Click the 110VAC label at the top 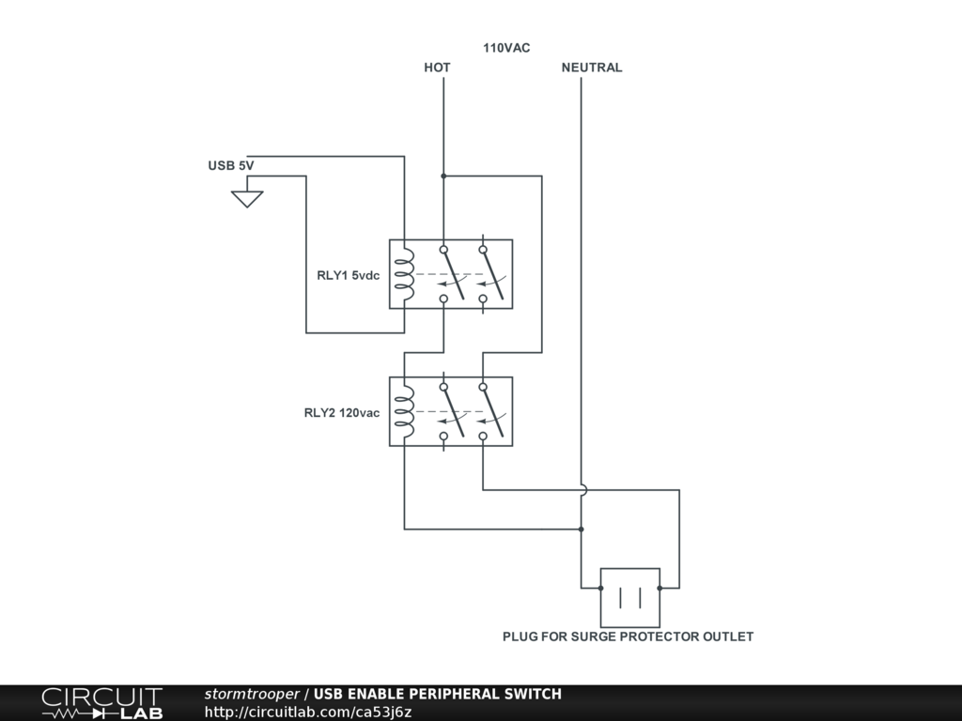pyautogui.click(x=506, y=48)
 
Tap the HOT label pyautogui.click(x=437, y=68)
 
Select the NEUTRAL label pyautogui.click(x=592, y=68)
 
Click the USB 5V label pyautogui.click(x=231, y=166)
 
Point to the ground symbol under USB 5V pyautogui.click(x=247, y=198)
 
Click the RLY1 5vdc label pyautogui.click(x=349, y=275)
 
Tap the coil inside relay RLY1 pyautogui.click(x=404, y=274)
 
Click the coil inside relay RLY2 pyautogui.click(x=404, y=411)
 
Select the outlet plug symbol pyautogui.click(x=629, y=597)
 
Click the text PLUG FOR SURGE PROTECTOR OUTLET pyautogui.click(x=628, y=637)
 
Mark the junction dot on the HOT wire pyautogui.click(x=443, y=176)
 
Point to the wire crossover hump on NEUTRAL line pyautogui.click(x=582, y=489)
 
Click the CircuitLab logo pyautogui.click(x=101, y=703)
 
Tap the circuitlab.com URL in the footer pyautogui.click(x=308, y=712)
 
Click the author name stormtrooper pyautogui.click(x=252, y=694)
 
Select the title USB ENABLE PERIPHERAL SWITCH pyautogui.click(x=438, y=694)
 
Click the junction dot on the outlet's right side pyautogui.click(x=659, y=588)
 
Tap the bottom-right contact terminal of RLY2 pyautogui.click(x=483, y=437)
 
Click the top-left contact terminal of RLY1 pyautogui.click(x=443, y=250)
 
